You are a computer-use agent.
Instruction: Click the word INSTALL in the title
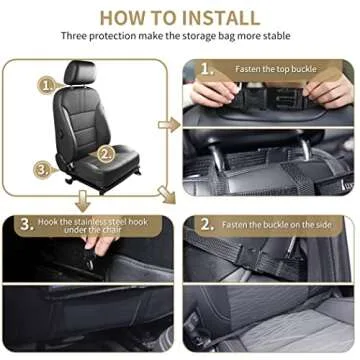212,17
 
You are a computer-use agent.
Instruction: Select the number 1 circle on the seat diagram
46,85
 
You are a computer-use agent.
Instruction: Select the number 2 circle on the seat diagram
106,154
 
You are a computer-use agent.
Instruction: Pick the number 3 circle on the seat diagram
43,169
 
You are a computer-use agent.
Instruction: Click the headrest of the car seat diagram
79,74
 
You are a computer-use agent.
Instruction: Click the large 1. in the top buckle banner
206,70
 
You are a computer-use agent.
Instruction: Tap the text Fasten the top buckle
276,69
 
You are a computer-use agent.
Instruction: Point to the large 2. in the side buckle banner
206,224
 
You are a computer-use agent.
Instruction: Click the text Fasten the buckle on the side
282,224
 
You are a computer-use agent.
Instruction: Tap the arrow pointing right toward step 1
169,125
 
